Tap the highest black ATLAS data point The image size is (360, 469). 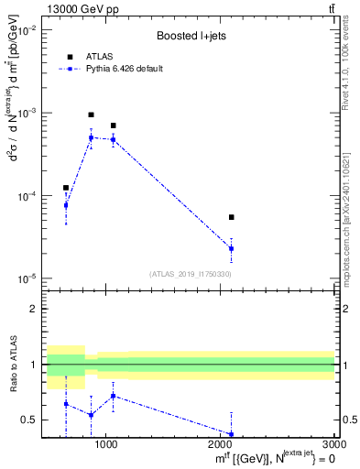(x=91, y=115)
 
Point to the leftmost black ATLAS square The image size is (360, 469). (x=65, y=187)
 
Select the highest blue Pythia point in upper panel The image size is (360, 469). (x=91, y=137)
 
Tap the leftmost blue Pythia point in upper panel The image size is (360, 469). (x=65, y=205)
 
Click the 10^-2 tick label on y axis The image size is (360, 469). (x=27, y=30)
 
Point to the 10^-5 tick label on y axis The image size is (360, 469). (x=27, y=278)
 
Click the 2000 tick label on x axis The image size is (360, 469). (x=221, y=446)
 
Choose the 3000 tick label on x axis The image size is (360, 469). (x=335, y=446)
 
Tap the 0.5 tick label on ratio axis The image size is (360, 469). (x=30, y=420)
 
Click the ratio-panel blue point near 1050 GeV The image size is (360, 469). (x=113, y=396)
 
